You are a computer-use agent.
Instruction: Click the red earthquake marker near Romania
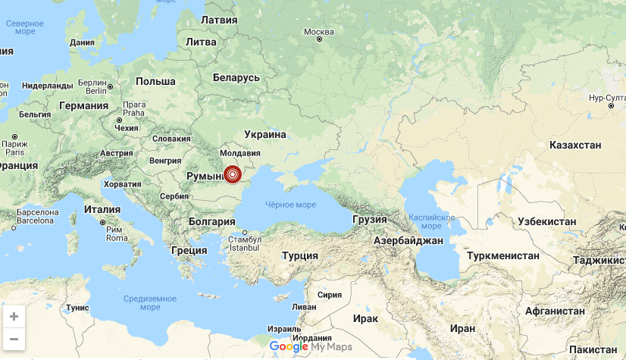point(233,175)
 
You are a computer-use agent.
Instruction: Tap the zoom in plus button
point(14,317)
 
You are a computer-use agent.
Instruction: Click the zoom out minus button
point(14,338)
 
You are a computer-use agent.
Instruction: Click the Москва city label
point(318,32)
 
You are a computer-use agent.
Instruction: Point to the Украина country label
point(265,134)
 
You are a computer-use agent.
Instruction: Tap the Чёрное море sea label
point(290,205)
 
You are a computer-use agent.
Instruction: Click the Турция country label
point(299,255)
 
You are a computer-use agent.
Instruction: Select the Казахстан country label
point(575,145)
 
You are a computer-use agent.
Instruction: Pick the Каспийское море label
point(431,221)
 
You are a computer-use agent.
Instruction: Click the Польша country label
point(155,81)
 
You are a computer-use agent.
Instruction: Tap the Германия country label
point(83,105)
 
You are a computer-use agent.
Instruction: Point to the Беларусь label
point(236,77)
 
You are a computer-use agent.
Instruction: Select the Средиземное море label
point(150,302)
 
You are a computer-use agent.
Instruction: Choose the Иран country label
point(462,328)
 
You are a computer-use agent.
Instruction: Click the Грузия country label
point(370,219)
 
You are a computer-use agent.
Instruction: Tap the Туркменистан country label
point(503,255)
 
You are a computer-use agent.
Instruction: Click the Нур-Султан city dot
point(611,106)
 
